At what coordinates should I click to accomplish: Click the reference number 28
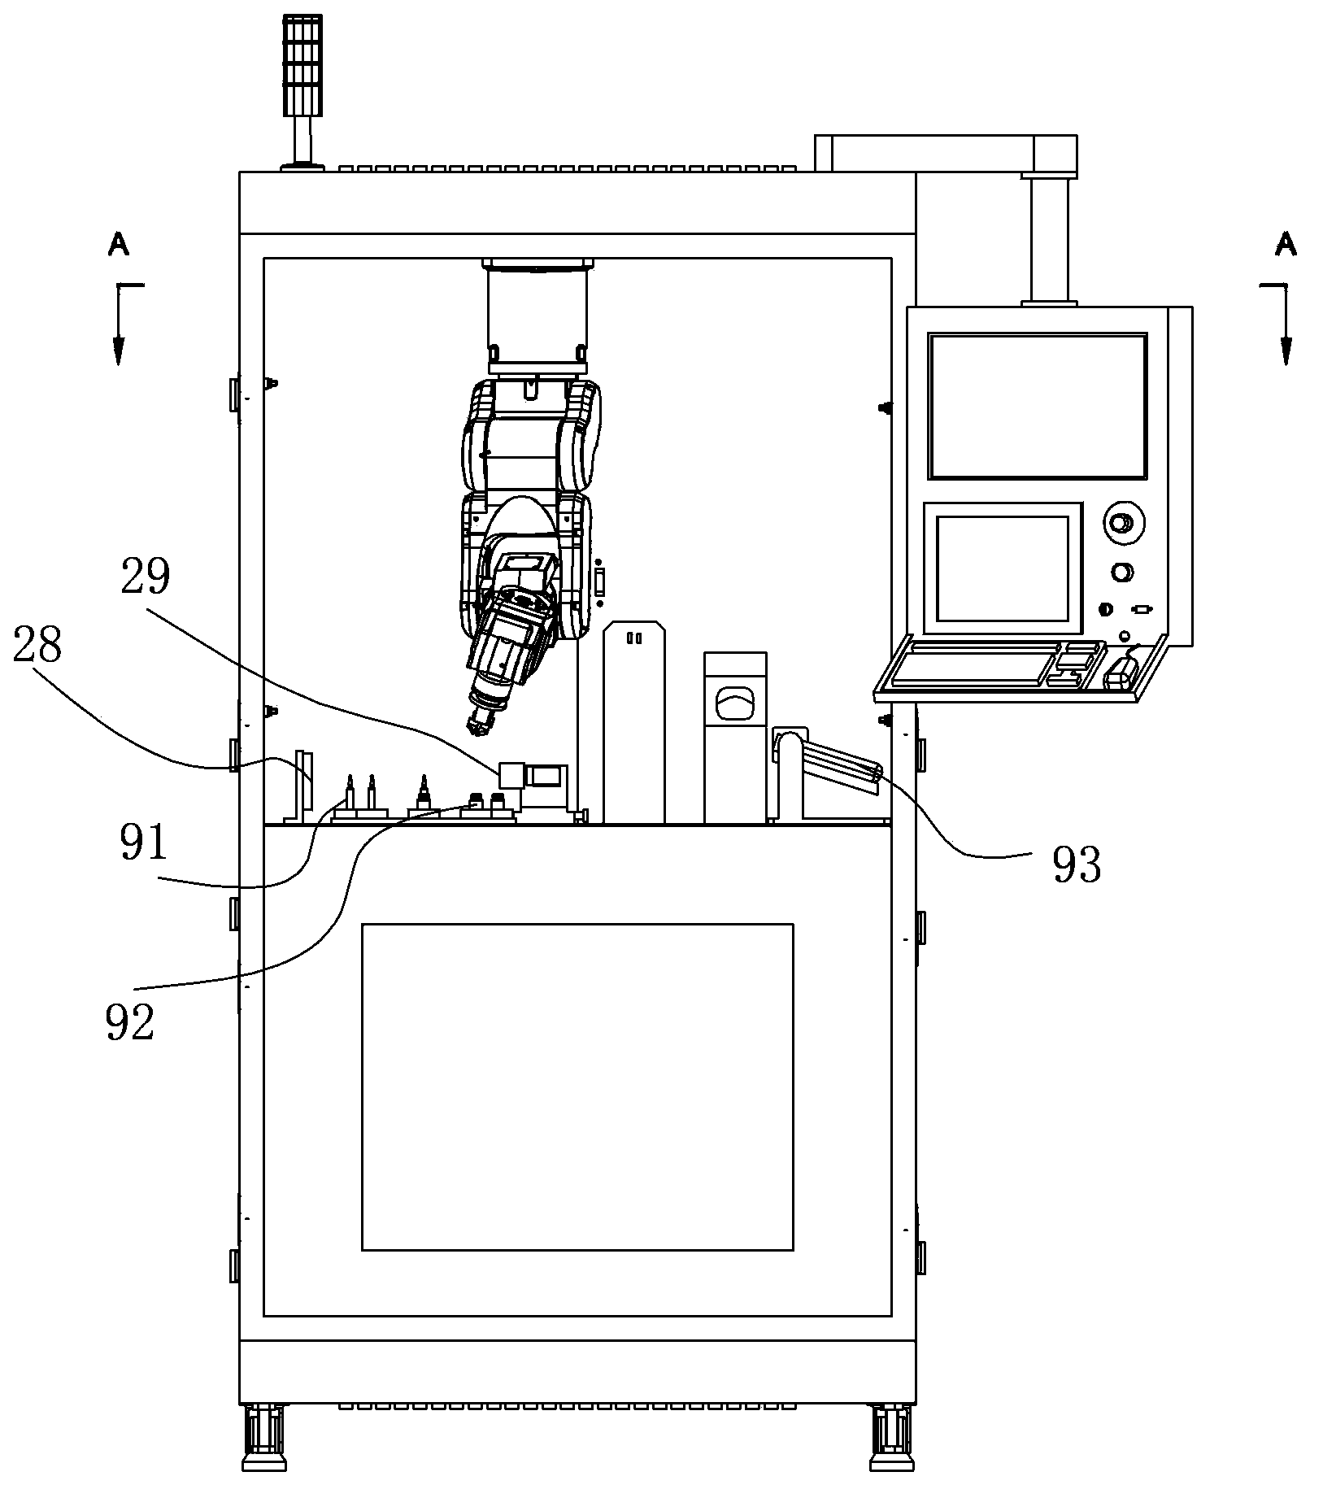click(37, 646)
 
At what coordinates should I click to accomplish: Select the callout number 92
click(129, 1022)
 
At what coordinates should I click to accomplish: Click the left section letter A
click(119, 244)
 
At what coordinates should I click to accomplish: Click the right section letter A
click(1285, 244)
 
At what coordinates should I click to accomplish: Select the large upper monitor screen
click(1038, 405)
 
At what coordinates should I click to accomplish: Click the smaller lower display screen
click(1003, 568)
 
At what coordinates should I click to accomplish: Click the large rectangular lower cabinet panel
click(577, 1086)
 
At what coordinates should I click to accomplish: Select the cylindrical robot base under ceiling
click(537, 311)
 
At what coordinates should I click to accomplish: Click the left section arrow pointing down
click(120, 324)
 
